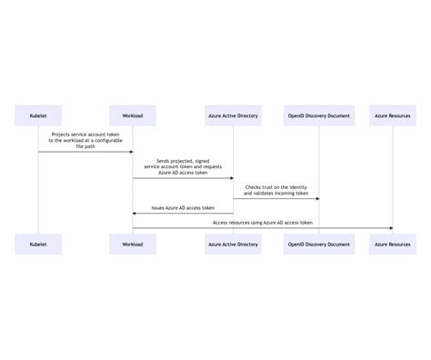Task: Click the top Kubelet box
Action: coord(38,116)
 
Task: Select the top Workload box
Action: coord(133,116)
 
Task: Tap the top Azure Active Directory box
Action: coord(234,116)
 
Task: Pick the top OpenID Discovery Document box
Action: coord(319,116)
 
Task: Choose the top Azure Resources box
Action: coord(394,116)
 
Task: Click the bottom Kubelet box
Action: coord(38,245)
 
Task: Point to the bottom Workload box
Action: coord(133,245)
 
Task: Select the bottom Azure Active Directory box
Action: coord(234,245)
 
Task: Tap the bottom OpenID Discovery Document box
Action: coord(319,245)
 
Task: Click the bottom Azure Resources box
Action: coord(394,245)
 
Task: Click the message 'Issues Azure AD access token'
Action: coord(183,207)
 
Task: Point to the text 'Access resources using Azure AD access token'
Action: coord(263,222)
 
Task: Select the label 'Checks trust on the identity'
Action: coord(276,187)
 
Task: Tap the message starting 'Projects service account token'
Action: coord(85,134)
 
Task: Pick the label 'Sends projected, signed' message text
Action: coord(183,160)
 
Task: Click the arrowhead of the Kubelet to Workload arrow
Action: coord(130,152)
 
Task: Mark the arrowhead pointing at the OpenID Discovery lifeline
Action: coord(316,198)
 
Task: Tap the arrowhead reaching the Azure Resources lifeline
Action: coord(391,228)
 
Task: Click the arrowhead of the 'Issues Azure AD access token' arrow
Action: coord(135,214)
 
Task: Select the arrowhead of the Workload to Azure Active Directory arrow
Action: coord(231,178)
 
